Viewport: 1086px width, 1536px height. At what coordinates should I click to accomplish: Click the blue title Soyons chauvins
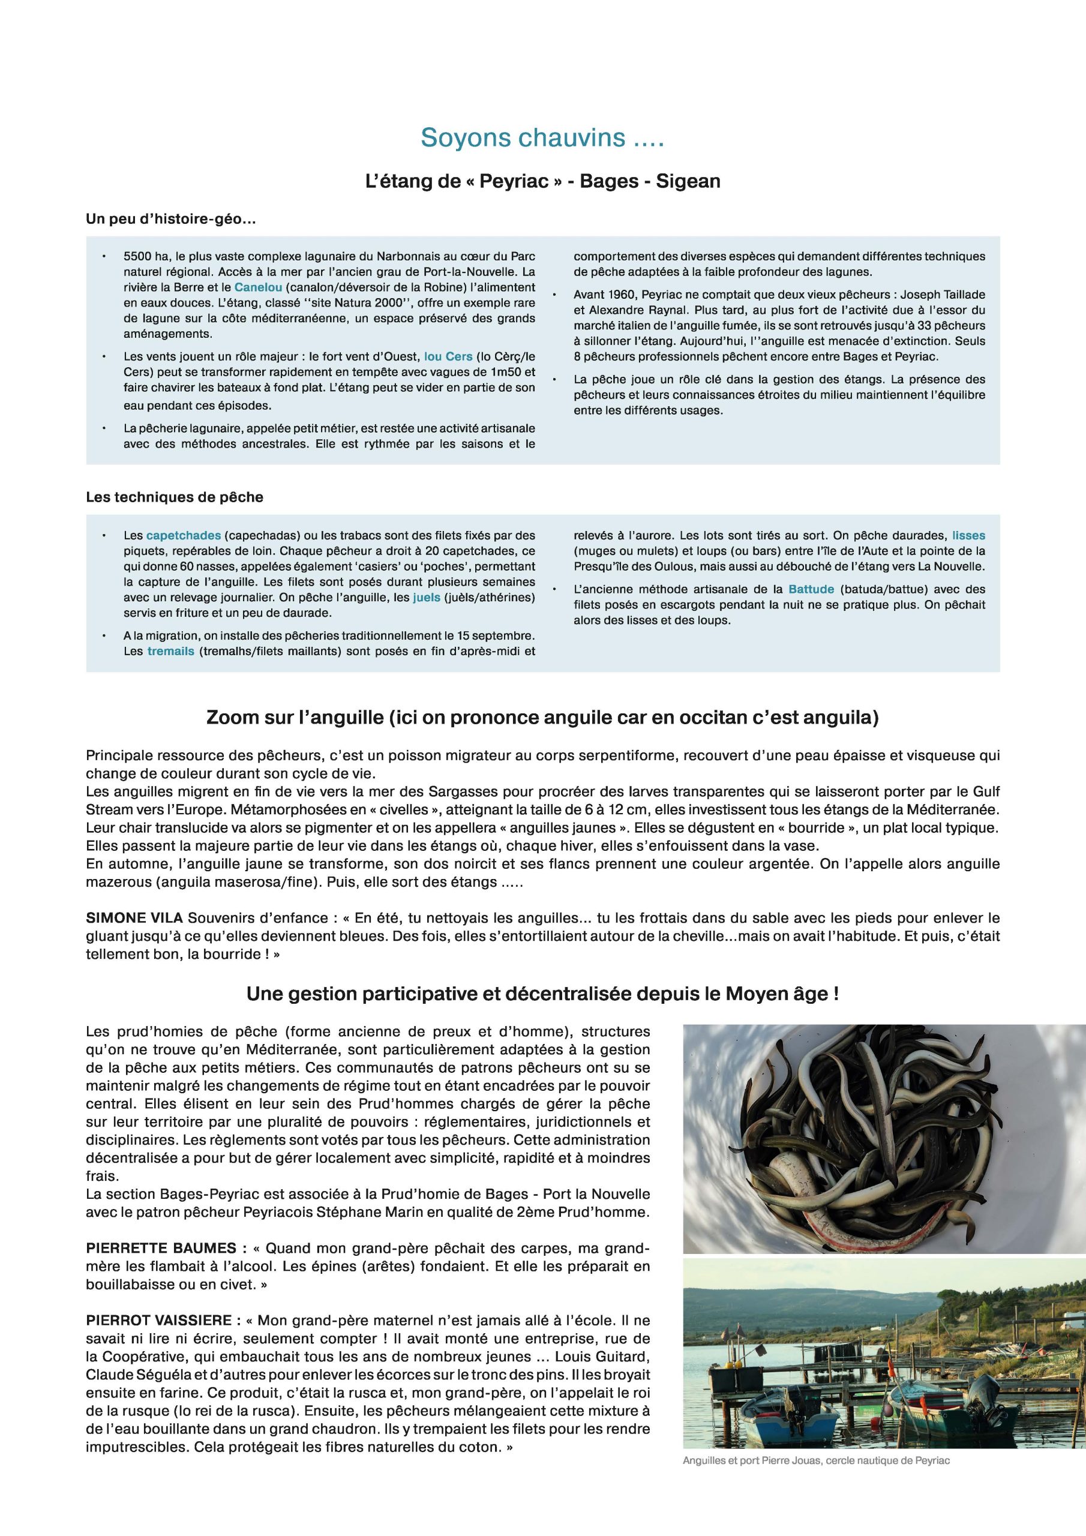[x=542, y=138]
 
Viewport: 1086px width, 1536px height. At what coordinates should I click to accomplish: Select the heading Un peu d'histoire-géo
[x=170, y=219]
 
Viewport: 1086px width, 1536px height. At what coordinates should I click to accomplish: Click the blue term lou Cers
[x=448, y=356]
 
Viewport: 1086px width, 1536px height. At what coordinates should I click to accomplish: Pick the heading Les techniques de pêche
[x=175, y=497]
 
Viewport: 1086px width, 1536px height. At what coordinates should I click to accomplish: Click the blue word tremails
[x=170, y=651]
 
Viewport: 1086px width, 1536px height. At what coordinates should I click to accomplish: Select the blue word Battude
[x=811, y=589]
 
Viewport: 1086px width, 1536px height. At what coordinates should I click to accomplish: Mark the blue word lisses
[x=968, y=535]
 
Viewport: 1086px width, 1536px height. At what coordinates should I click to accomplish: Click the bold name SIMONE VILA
[x=134, y=918]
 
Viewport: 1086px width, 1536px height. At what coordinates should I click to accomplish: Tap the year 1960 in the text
[x=624, y=295]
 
